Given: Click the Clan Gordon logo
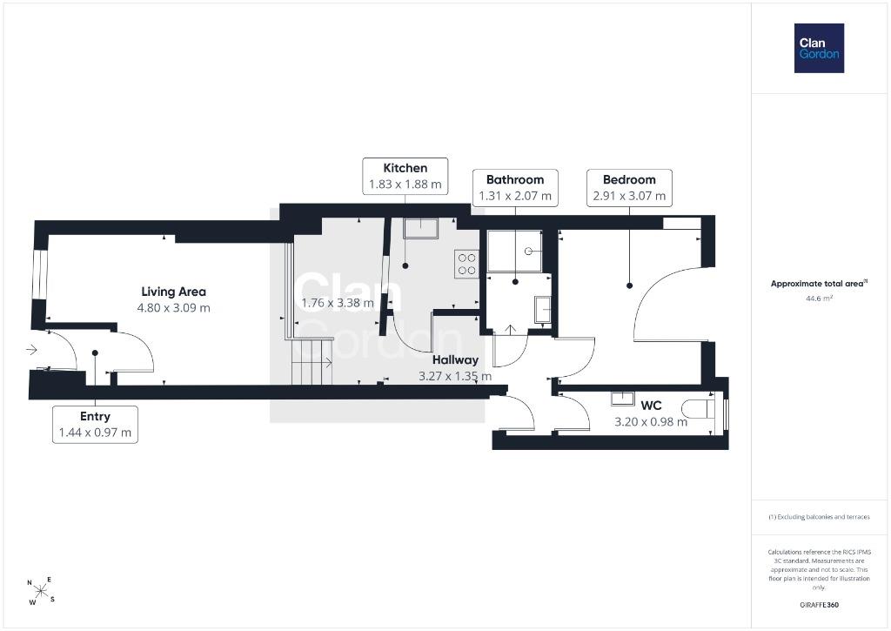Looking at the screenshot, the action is pos(819,49).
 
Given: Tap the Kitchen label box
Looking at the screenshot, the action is pos(405,176).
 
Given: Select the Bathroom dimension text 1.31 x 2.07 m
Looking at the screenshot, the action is pos(515,196).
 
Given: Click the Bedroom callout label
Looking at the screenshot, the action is pos(629,188).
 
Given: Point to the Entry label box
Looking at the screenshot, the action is pos(95,424).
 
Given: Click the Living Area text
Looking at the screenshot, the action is pos(173,292).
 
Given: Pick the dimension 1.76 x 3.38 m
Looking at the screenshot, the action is pos(338,303).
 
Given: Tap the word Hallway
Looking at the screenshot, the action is pos(455,359).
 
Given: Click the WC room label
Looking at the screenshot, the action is pos(651,406).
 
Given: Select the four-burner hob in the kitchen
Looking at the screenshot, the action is pos(466,264).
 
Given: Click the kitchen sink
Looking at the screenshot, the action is pos(420,229).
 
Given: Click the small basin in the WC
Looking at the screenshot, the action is pos(623,399).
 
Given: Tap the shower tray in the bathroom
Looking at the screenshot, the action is pos(515,252).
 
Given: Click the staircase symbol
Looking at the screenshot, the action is pos(312,361).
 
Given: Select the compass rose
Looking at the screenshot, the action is pos(41,591).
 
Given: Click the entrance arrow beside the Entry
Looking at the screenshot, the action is pos(31,349).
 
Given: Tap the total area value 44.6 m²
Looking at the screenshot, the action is pos(819,299).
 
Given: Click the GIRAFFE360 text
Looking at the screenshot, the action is pos(819,605).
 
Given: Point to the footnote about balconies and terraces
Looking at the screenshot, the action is pos(819,517).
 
